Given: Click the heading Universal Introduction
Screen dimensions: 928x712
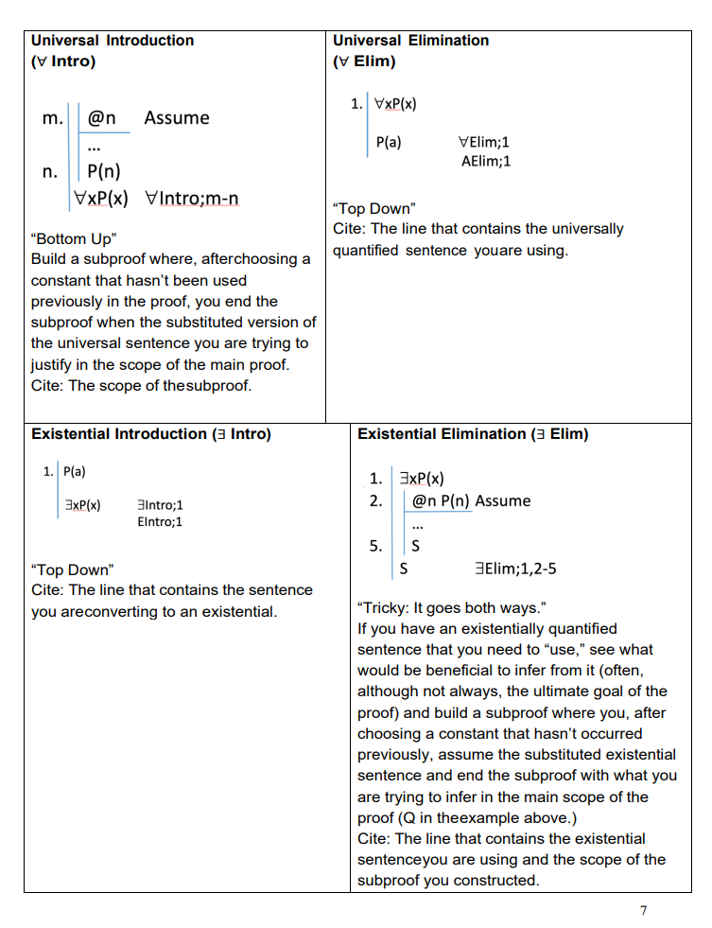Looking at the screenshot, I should point(113,41).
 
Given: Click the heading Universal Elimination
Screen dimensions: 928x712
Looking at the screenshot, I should point(410,41).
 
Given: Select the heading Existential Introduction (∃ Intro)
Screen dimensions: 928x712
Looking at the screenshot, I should point(151,434).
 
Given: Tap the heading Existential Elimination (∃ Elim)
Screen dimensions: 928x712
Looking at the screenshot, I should point(473,434).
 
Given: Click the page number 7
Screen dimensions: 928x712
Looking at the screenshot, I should point(643,910).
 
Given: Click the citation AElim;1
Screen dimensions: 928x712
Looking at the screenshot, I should point(486,162).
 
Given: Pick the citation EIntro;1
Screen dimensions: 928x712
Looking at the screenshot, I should point(160,521).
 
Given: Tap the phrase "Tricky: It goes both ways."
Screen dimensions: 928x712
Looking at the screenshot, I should point(452,607).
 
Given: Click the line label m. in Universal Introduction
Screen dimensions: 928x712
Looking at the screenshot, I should point(54,119).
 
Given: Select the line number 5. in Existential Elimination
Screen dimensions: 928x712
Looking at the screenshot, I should point(375,546).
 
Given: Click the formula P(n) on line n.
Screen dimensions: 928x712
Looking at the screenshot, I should point(103,171).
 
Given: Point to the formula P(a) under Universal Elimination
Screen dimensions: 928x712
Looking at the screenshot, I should point(388,142).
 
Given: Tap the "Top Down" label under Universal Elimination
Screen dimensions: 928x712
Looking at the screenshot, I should point(373,208).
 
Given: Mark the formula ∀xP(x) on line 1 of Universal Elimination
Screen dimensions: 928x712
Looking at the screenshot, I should point(395,104).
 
